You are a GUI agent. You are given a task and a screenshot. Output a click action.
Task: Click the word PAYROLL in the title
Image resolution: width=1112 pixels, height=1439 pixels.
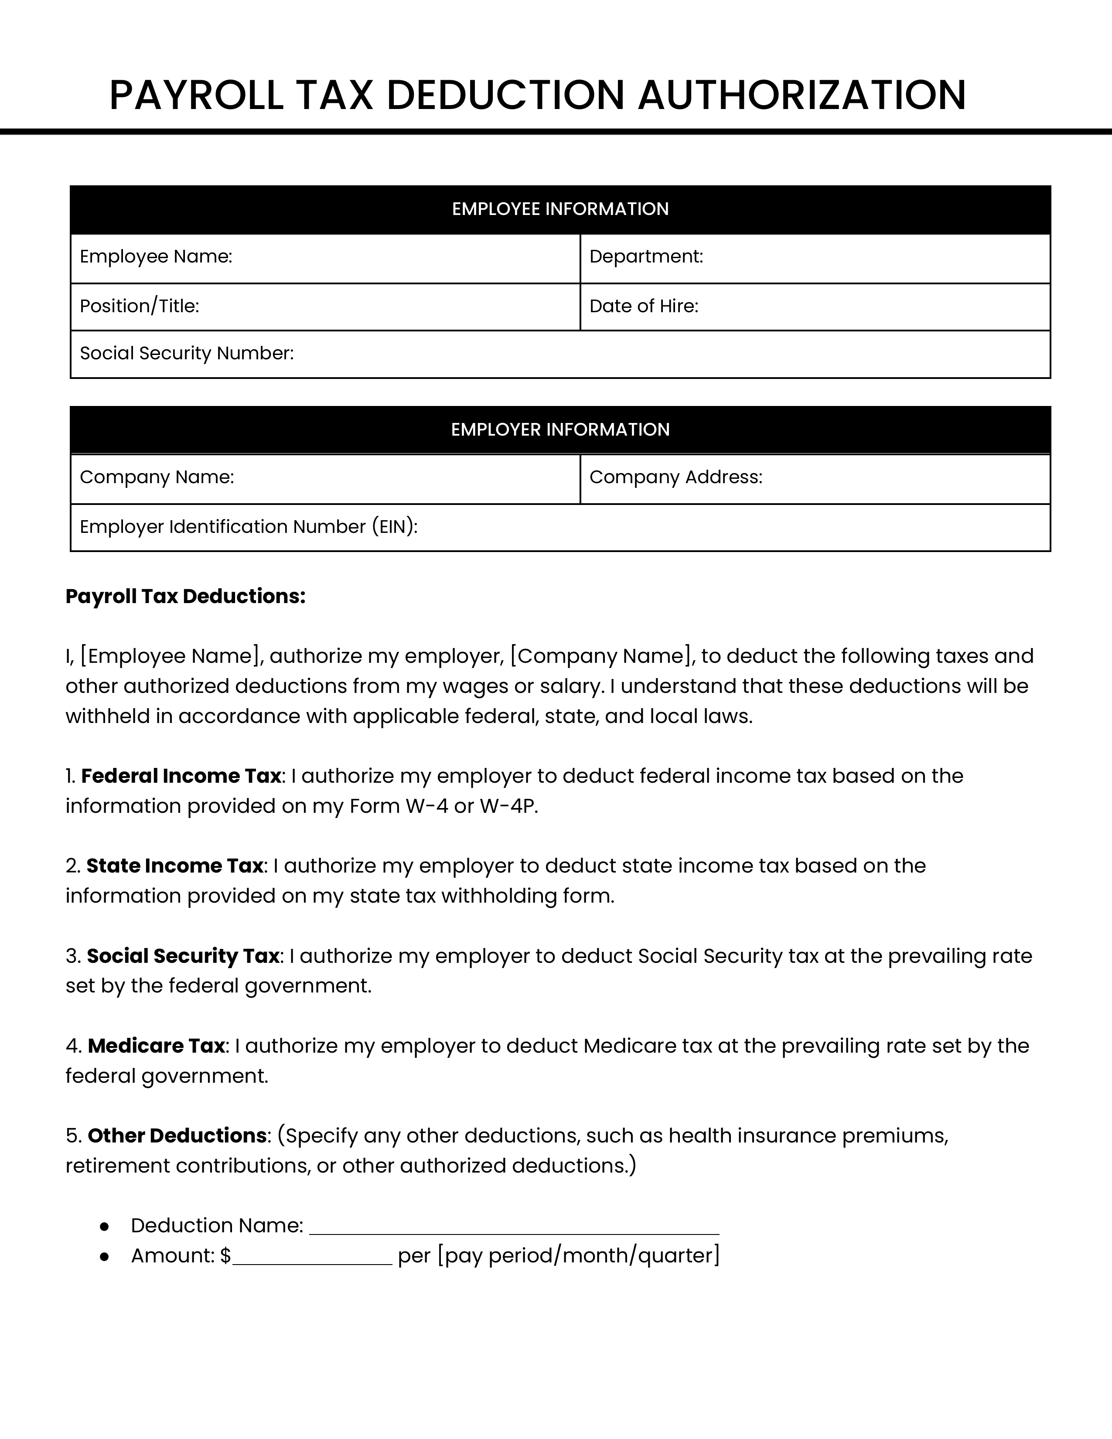pyautogui.click(x=196, y=95)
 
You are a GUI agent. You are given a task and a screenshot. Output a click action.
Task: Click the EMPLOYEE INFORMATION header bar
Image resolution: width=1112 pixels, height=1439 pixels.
pyautogui.click(x=560, y=209)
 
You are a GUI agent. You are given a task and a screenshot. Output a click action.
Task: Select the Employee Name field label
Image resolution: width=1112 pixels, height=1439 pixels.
pyautogui.click(x=156, y=257)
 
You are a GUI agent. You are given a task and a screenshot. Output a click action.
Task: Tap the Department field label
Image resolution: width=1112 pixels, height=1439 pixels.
pyautogui.click(x=646, y=257)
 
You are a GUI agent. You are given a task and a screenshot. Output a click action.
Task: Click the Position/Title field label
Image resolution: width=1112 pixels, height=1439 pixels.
pyautogui.click(x=140, y=307)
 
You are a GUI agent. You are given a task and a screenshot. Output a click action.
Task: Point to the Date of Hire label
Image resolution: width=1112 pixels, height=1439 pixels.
pyautogui.click(x=644, y=307)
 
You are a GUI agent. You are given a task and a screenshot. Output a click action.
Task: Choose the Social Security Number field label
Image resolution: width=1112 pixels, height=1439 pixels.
pyautogui.click(x=187, y=354)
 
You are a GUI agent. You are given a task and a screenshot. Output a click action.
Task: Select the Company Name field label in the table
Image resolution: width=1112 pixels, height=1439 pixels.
pyautogui.click(x=157, y=477)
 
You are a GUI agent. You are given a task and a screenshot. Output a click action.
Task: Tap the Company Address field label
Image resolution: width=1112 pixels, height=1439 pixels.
pyautogui.click(x=676, y=477)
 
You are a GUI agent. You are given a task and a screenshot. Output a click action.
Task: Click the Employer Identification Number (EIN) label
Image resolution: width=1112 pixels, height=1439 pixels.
pyautogui.click(x=249, y=527)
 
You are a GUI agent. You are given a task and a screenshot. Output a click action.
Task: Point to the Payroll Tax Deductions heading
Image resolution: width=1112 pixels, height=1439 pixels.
pyautogui.click(x=186, y=596)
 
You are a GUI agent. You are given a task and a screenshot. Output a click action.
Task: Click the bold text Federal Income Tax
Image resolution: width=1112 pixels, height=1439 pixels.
pyautogui.click(x=181, y=776)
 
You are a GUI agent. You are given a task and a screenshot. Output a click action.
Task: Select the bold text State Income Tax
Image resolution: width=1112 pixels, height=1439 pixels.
pyautogui.click(x=174, y=866)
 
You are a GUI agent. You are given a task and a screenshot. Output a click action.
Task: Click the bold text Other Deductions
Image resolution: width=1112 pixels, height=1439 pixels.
pyautogui.click(x=177, y=1136)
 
